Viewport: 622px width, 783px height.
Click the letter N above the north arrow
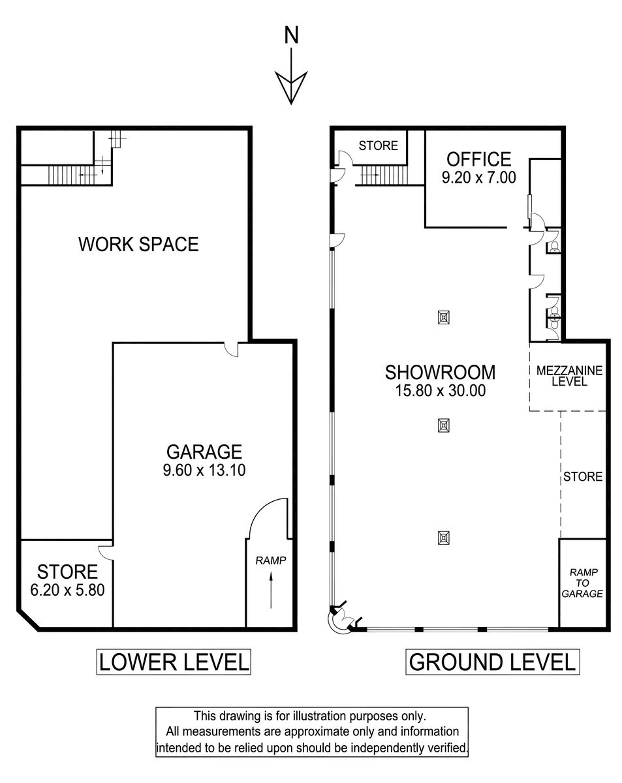[291, 35]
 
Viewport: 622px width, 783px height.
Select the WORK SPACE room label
[138, 244]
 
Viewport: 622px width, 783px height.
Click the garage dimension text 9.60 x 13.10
[204, 470]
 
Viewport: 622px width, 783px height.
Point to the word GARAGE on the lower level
[204, 452]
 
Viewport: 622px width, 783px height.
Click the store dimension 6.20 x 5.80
[67, 590]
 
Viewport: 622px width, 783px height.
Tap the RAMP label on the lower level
[270, 560]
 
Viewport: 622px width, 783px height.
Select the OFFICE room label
[478, 159]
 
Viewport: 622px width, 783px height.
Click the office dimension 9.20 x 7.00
[478, 177]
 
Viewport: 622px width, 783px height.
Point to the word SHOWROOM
[440, 372]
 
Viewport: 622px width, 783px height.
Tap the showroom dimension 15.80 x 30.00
[441, 391]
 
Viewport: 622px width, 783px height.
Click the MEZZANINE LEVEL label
[569, 376]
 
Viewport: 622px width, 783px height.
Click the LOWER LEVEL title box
[174, 662]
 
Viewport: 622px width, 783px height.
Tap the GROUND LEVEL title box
[492, 662]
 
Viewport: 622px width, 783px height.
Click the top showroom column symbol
[444, 317]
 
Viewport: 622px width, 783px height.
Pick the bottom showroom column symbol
[444, 538]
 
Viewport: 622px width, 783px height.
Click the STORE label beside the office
[378, 146]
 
